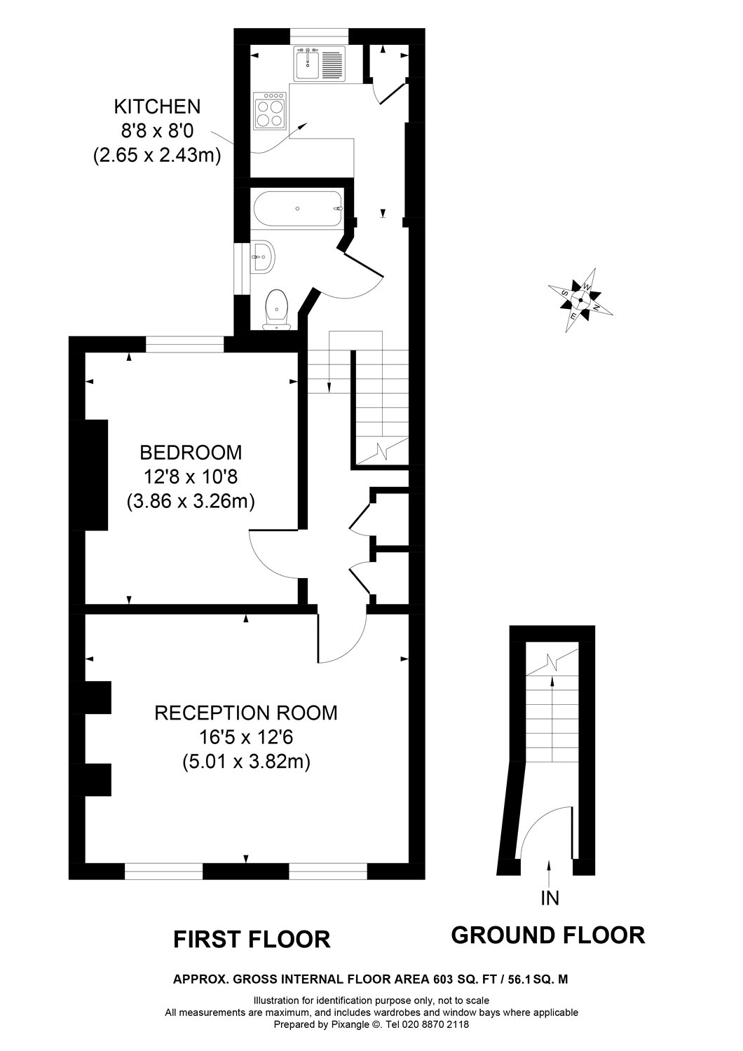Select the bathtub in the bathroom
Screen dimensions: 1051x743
point(298,208)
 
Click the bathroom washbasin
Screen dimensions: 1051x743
point(264,257)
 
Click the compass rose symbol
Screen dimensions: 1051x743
point(580,299)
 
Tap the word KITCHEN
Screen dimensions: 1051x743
point(157,107)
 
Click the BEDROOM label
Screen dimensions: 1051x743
point(190,452)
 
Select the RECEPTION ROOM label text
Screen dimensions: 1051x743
point(245,713)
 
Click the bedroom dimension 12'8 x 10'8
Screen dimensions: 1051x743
point(190,477)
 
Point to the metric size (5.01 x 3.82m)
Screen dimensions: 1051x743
point(245,762)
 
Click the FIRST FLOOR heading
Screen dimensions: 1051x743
point(252,939)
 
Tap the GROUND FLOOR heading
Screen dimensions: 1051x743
point(547,935)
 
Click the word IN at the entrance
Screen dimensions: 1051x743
point(550,898)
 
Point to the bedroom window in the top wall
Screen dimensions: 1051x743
point(184,344)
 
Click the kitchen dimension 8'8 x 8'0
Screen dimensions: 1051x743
point(157,131)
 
